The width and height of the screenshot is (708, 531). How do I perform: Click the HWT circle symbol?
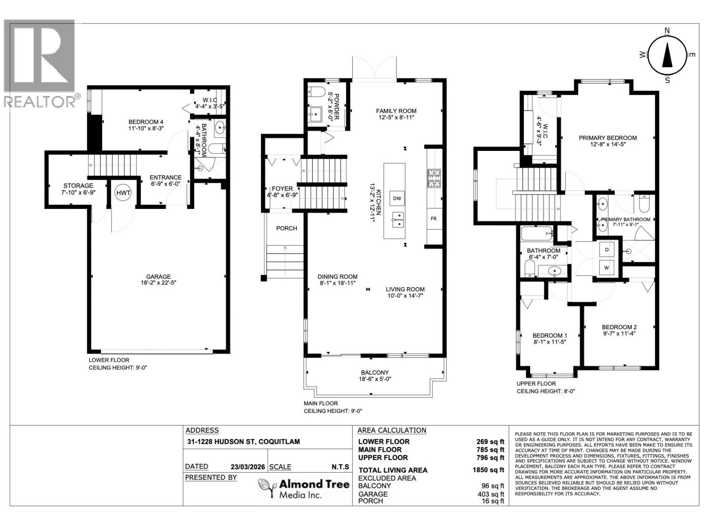(123, 192)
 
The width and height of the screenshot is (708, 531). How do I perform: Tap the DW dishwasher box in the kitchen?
(397, 198)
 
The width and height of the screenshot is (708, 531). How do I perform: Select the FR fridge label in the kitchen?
(434, 219)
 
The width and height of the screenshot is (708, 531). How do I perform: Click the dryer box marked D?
(607, 250)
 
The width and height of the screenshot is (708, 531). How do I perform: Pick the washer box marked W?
(607, 267)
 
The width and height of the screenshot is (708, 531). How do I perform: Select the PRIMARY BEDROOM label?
(608, 138)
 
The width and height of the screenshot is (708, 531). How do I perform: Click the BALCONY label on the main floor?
(374, 373)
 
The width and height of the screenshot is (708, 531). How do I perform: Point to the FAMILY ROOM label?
(396, 111)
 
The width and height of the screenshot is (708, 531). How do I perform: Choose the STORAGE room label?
(78, 185)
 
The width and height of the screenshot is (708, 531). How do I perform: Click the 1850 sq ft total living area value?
(489, 470)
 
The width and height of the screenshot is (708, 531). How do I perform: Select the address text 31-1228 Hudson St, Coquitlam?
(242, 442)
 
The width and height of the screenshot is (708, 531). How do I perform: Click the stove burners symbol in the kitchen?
(434, 178)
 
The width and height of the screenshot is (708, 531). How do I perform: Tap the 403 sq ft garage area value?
(493, 494)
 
